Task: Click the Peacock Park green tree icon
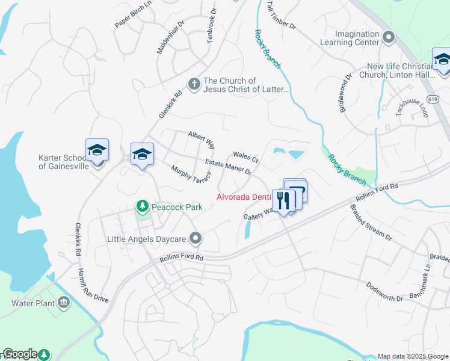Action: [x=143, y=207]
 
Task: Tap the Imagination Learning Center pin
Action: [x=389, y=39]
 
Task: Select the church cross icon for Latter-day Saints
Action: [x=194, y=84]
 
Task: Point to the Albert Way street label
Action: [x=202, y=140]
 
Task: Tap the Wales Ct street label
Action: [x=245, y=158]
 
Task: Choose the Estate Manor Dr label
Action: [x=228, y=167]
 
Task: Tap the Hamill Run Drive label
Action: [x=93, y=286]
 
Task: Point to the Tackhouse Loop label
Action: [x=411, y=107]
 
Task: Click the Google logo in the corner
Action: [x=20, y=354]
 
